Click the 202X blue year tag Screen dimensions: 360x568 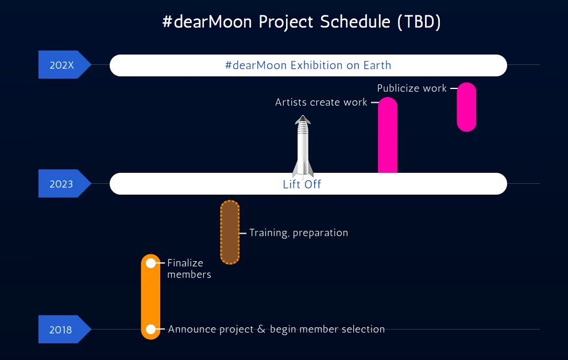(x=62, y=65)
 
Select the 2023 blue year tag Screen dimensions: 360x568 (x=62, y=184)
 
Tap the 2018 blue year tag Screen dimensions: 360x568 (x=62, y=330)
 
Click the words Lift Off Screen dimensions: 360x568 (x=302, y=184)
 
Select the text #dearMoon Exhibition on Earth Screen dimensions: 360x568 (x=308, y=65)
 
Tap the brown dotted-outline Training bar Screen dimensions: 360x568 (x=230, y=233)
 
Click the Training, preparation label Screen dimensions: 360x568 (x=299, y=233)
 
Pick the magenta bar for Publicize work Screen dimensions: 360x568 (x=466, y=107)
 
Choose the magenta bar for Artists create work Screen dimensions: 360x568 (x=388, y=136)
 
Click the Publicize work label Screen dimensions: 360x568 (x=412, y=88)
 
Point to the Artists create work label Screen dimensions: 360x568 (x=321, y=102)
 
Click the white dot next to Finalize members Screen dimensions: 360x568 (x=150, y=263)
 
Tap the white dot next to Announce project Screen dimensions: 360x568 (x=150, y=329)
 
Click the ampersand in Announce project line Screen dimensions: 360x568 (x=261, y=329)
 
